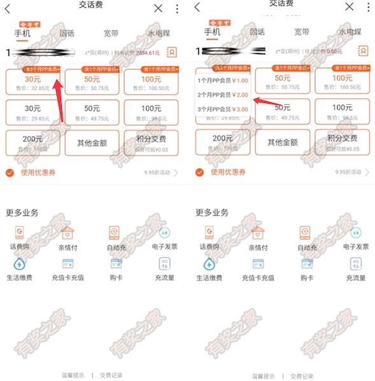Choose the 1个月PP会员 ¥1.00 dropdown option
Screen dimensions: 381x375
point(222,81)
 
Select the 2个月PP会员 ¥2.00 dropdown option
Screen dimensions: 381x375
point(222,95)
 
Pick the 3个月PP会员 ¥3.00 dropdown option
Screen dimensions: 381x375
point(222,109)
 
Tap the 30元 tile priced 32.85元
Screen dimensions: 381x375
point(32,83)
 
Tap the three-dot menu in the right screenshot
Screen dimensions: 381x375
point(368,8)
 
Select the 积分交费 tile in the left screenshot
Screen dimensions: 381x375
point(152,142)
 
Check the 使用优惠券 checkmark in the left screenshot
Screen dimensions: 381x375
point(10,172)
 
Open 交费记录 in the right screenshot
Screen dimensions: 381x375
point(302,376)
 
